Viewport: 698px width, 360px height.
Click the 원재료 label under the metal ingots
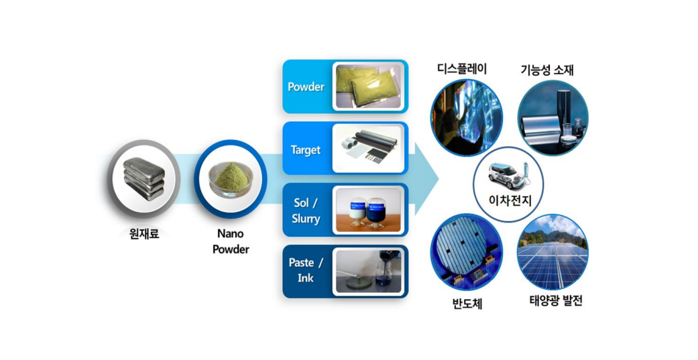pos(143,235)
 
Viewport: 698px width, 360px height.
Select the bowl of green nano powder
pos(230,180)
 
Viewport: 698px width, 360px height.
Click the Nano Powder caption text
pos(230,241)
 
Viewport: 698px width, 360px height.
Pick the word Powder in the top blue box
pos(306,86)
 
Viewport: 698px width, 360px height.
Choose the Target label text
pos(306,150)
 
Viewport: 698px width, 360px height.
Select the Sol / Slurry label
pos(306,211)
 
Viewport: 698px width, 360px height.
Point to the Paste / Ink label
pos(306,270)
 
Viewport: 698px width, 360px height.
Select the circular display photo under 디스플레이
pos(466,118)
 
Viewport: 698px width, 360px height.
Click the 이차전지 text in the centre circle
pos(508,198)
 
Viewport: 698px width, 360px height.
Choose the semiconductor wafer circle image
pos(466,251)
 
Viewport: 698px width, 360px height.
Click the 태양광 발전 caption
pos(551,301)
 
